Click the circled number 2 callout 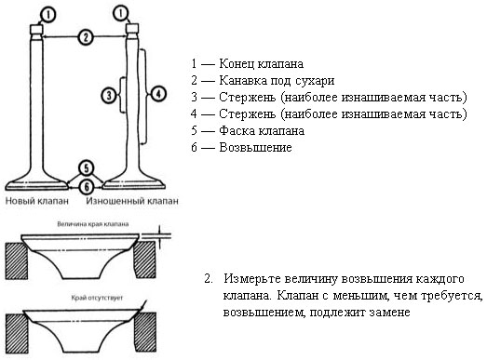click(x=86, y=37)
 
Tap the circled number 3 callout click(x=109, y=95)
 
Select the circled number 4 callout click(x=158, y=93)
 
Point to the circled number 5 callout click(x=87, y=168)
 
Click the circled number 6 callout click(x=87, y=187)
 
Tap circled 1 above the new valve click(x=48, y=15)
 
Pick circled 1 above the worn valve click(x=121, y=13)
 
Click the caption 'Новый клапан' click(x=37, y=201)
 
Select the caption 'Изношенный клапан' click(x=132, y=201)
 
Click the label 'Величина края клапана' click(x=93, y=224)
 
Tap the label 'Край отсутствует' click(x=97, y=298)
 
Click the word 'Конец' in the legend click(x=237, y=63)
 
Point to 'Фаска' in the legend click(x=237, y=130)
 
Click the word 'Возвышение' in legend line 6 click(x=256, y=147)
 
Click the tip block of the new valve click(x=36, y=30)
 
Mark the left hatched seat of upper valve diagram click(x=17, y=261)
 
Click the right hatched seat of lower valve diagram click(x=145, y=332)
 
